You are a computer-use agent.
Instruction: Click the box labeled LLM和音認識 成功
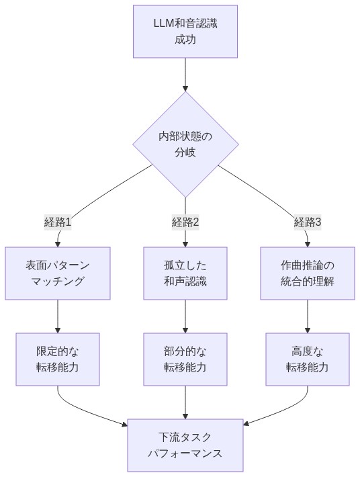point(185,32)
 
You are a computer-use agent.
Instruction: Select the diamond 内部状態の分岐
point(185,144)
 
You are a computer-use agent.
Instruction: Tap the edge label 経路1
point(58,222)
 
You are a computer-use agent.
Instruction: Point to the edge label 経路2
point(185,222)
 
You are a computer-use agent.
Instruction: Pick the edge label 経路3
point(307,222)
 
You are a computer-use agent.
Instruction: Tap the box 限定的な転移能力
point(58,359)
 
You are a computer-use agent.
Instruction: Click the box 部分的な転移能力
point(185,359)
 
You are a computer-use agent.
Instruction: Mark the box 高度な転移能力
point(307,359)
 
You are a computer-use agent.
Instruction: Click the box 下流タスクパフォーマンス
point(185,445)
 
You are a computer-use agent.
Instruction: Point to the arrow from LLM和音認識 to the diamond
point(185,74)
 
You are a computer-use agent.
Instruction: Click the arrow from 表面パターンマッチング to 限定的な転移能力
point(58,316)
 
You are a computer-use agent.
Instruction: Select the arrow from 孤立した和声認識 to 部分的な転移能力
point(185,316)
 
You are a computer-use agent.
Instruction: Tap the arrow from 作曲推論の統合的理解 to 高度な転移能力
point(307,316)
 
